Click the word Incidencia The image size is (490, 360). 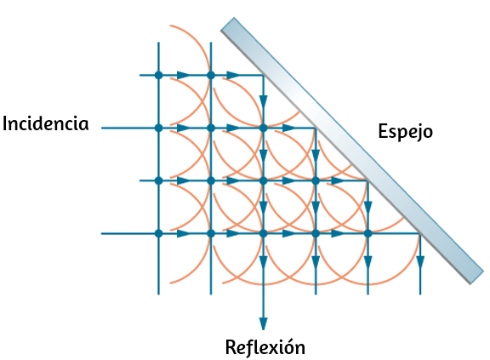pyautogui.click(x=46, y=123)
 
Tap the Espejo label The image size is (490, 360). pyautogui.click(x=405, y=132)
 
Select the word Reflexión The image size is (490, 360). pyautogui.click(x=265, y=347)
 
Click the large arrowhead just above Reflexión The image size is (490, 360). pyautogui.click(x=263, y=323)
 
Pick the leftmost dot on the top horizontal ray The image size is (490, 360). pyautogui.click(x=159, y=75)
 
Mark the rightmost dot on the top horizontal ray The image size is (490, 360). pyautogui.click(x=211, y=75)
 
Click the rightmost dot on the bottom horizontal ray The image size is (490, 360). pyautogui.click(x=367, y=233)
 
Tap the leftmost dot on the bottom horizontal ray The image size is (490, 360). pyautogui.click(x=159, y=233)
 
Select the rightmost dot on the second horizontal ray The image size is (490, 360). pyautogui.click(x=263, y=128)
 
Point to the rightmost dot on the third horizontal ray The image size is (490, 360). pyautogui.click(x=316, y=180)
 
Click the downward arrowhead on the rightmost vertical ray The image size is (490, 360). pyautogui.click(x=420, y=262)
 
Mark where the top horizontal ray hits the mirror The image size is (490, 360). pyautogui.click(x=263, y=75)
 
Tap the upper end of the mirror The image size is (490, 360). pyautogui.click(x=227, y=24)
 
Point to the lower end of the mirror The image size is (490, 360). pyautogui.click(x=477, y=277)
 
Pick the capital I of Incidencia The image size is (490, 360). pyautogui.click(x=5, y=123)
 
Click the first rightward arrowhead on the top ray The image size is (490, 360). pyautogui.click(x=184, y=75)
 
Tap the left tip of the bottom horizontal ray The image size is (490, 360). pyautogui.click(x=101, y=233)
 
